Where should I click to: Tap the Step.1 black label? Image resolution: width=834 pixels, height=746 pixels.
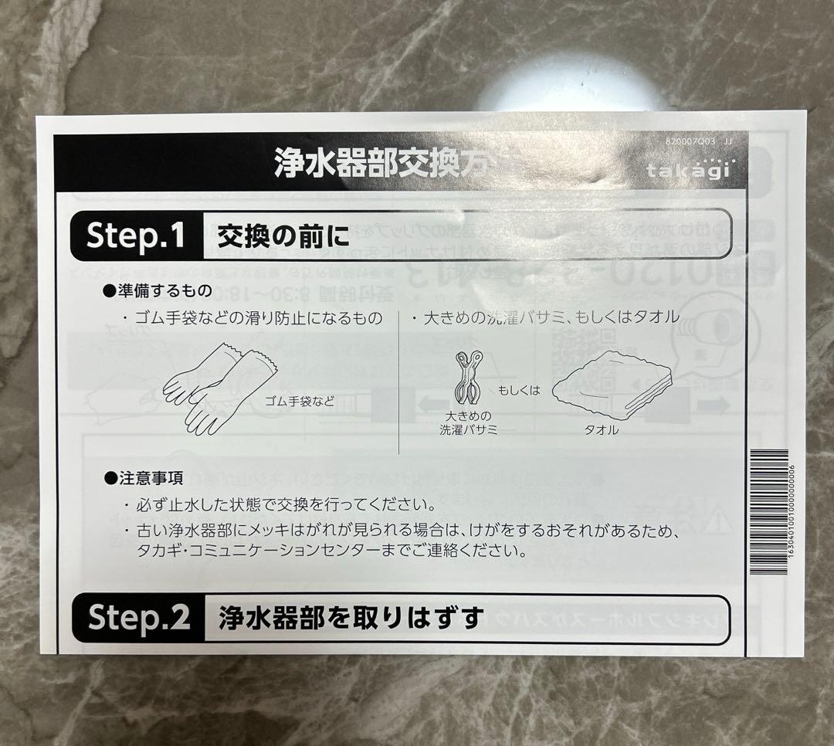coord(135,236)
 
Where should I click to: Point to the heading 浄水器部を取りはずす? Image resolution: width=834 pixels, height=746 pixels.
coord(351,618)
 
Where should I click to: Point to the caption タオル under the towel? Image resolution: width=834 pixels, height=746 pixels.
coord(602,430)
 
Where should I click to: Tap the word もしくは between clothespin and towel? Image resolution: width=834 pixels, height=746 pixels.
coord(519,390)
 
